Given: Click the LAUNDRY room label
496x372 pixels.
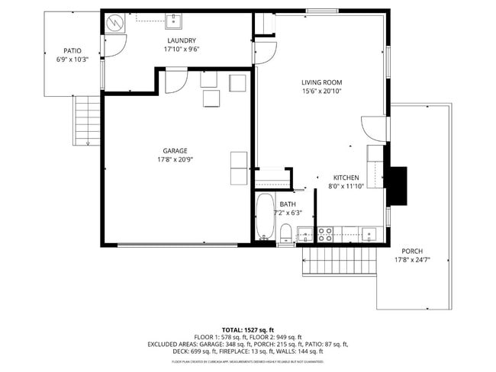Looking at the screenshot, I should [x=182, y=40].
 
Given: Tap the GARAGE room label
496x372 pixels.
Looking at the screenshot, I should [x=175, y=151].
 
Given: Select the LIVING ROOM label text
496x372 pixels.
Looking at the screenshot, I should [x=321, y=82].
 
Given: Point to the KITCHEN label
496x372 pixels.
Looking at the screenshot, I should [x=346, y=178].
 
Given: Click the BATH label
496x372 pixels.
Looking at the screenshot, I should [x=288, y=204].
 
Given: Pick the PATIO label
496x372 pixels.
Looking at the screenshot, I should [x=72, y=51].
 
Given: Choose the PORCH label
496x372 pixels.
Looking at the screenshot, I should [x=412, y=251].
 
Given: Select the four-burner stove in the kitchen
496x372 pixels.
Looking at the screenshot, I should [x=324, y=234].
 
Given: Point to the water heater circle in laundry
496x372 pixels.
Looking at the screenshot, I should [x=113, y=23].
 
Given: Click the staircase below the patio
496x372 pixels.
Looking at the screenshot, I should [x=86, y=121].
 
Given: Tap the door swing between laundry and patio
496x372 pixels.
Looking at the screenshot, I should [x=111, y=46].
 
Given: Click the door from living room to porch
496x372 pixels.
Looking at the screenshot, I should [x=375, y=127].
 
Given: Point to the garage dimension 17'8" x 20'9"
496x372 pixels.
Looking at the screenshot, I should [x=175, y=160].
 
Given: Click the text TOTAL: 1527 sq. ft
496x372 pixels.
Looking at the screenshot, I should [x=247, y=328].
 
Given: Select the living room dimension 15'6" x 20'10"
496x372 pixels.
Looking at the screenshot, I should [x=321, y=91].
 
